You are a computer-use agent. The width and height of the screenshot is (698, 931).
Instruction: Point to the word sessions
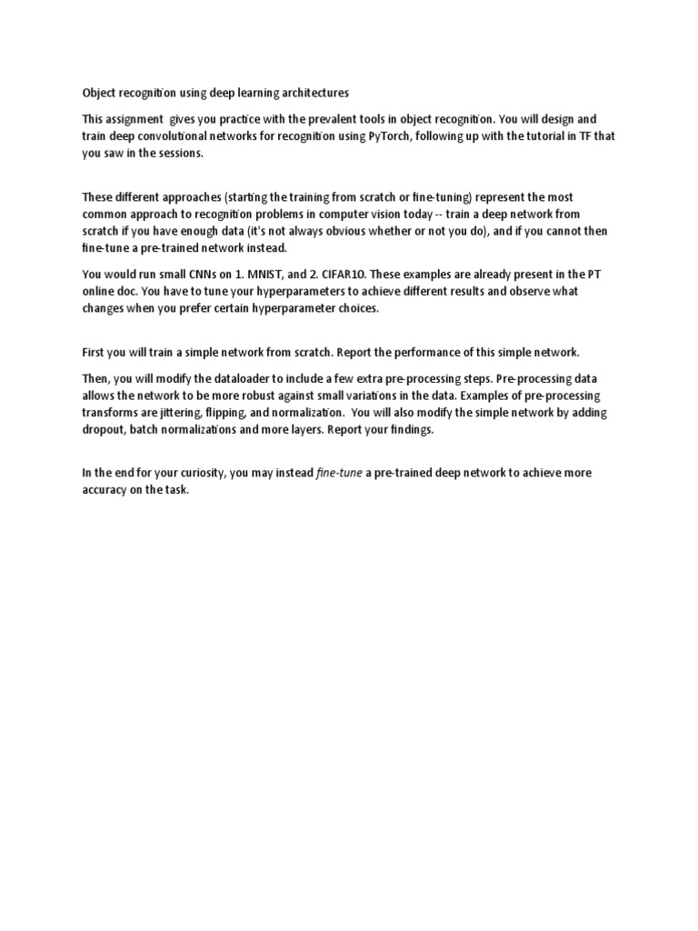pos(184,154)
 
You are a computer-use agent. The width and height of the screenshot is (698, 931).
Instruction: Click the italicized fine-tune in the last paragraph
pos(338,473)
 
